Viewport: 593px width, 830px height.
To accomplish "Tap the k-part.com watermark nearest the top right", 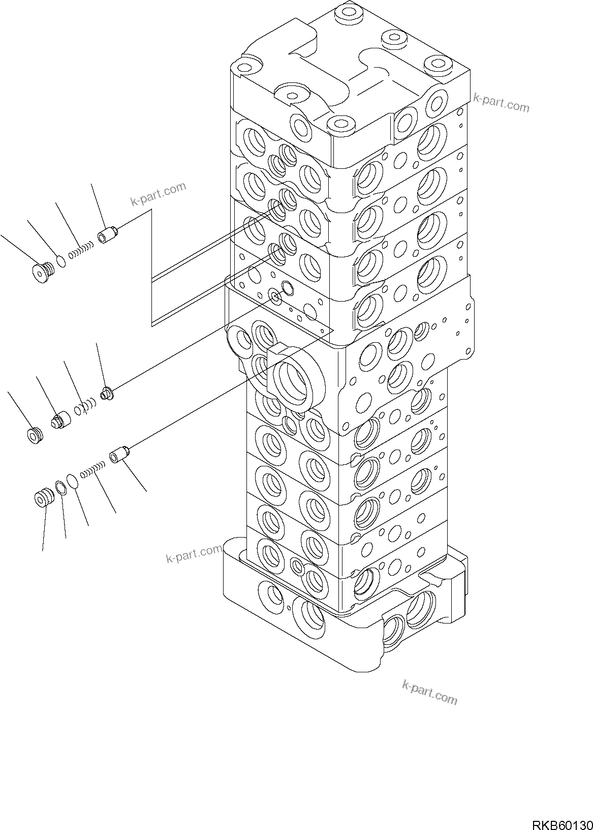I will (501, 102).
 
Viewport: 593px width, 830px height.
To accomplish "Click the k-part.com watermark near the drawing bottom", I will (429, 693).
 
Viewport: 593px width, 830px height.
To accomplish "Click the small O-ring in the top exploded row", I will (60, 261).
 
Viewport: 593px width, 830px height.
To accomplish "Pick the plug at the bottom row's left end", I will (42, 497).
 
